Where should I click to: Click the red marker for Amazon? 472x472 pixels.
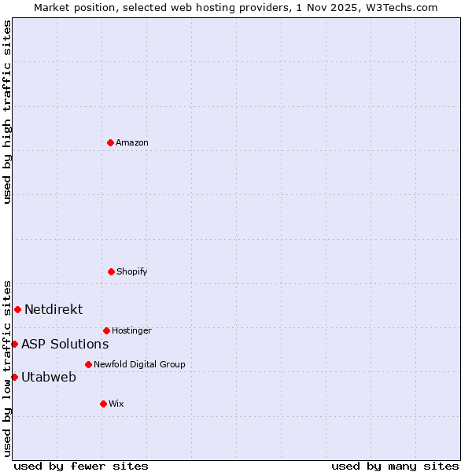click(110, 142)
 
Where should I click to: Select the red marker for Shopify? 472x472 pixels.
click(111, 271)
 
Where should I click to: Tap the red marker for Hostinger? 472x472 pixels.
click(106, 330)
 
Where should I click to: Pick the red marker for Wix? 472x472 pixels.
click(103, 404)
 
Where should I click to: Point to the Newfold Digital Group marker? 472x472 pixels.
click(88, 364)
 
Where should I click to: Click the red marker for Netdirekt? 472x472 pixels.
click(17, 309)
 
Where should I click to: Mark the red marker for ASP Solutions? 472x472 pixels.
click(14, 344)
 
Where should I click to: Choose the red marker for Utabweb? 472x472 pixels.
click(14, 377)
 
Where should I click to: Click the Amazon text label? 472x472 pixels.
click(132, 142)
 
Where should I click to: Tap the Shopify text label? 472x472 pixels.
click(132, 271)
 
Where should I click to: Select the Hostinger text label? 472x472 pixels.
click(131, 330)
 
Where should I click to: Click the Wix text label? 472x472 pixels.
click(116, 404)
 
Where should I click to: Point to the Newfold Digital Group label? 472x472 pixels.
click(139, 364)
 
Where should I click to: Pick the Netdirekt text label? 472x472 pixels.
click(53, 309)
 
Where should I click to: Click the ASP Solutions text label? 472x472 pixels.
click(65, 344)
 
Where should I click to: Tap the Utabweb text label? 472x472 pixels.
click(49, 377)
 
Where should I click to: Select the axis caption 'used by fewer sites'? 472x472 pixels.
click(81, 466)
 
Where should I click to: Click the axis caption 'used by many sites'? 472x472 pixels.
click(395, 466)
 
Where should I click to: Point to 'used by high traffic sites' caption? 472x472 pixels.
click(7, 112)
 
